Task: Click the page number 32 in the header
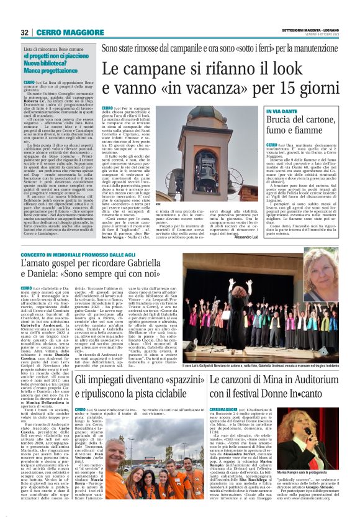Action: click(25, 32)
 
